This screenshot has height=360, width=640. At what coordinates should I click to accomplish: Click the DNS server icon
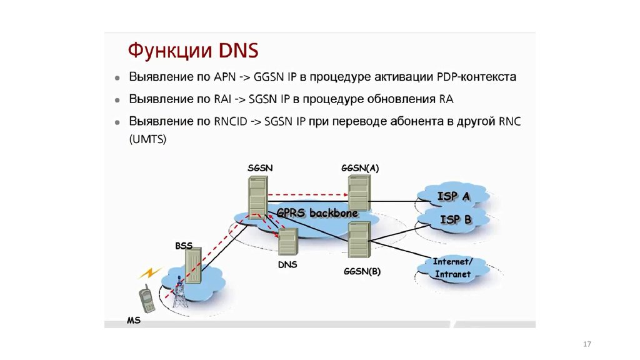pos(287,242)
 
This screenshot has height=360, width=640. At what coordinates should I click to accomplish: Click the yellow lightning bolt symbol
pos(149,273)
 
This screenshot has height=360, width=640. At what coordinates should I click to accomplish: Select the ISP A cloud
pos(454,196)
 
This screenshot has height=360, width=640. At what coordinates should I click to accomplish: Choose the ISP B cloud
pos(456,219)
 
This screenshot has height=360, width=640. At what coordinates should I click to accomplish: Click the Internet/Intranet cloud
pos(453,267)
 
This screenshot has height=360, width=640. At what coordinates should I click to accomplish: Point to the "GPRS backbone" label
pos(317,213)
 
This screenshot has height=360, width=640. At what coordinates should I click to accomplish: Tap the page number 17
pos(586,345)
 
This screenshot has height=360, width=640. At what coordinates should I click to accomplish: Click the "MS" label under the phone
pos(134,321)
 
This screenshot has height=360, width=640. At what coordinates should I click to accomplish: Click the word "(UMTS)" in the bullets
pos(148,140)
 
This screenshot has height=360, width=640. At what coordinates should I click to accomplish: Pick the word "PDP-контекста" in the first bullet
pos(480,78)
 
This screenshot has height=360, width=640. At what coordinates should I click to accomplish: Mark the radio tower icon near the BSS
pos(180,294)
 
